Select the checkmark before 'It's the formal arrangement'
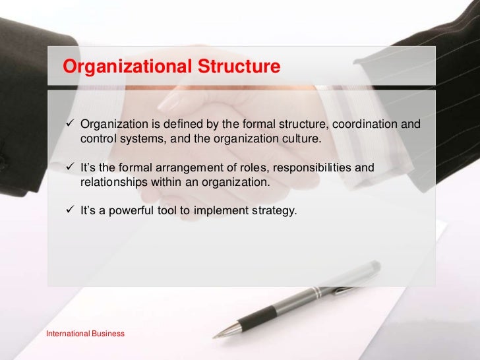point(71,169)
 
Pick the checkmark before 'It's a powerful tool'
point(71,212)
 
